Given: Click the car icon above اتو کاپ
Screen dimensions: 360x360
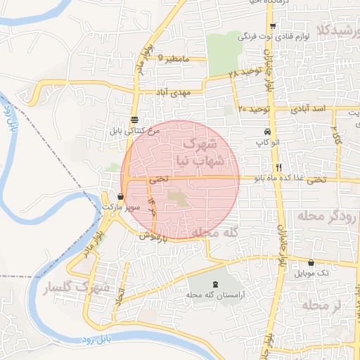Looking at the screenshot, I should pos(268,132).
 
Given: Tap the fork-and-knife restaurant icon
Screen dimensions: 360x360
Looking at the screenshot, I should pos(279,168).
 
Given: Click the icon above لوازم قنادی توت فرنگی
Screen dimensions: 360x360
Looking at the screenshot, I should pos(273,26).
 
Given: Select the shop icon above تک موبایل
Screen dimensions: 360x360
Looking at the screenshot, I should pos(311,262).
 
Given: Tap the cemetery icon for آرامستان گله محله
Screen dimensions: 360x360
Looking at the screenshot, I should pos(214,284).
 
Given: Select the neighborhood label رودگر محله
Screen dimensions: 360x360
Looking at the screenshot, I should pos(328,216).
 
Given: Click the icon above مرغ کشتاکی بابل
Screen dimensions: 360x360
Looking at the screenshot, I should pos(134,119).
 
